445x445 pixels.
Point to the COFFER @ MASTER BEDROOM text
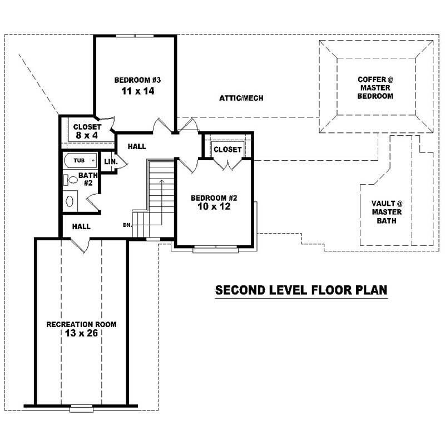[x=375, y=88]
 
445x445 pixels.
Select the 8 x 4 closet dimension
[x=87, y=135]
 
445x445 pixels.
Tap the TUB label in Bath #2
[x=80, y=161]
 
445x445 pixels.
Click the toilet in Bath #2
[x=67, y=180]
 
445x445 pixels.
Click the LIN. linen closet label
[x=109, y=161]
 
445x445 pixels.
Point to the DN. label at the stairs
[x=127, y=225]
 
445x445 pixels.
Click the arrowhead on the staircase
[x=161, y=181]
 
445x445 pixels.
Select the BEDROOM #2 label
[x=214, y=198]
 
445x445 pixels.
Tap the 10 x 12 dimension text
[x=214, y=207]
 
